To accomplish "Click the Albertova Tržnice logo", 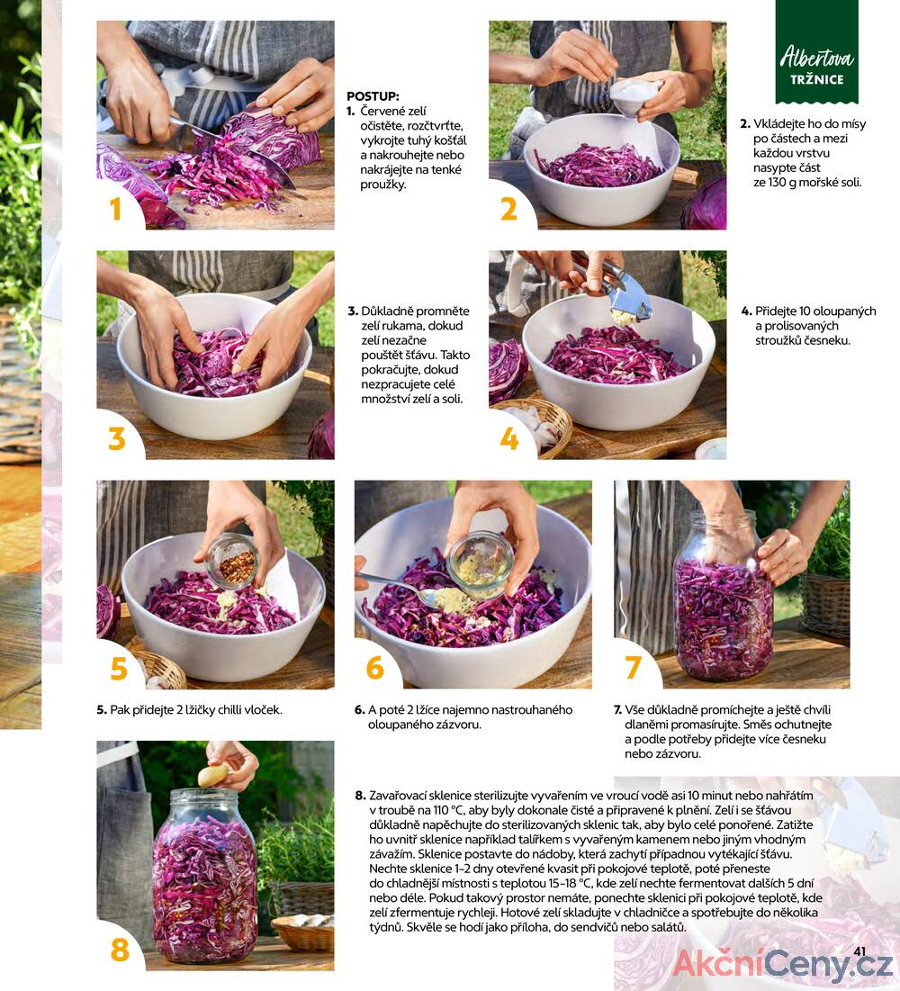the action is (816, 52).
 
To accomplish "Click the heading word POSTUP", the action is (373, 96).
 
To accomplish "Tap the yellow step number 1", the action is (115, 209).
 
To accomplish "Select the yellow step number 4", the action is (508, 438).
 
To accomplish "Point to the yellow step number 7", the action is (634, 667).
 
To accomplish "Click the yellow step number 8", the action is (120, 950).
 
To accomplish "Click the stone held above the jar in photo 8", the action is (214, 774).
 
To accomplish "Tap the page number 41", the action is (859, 951).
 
